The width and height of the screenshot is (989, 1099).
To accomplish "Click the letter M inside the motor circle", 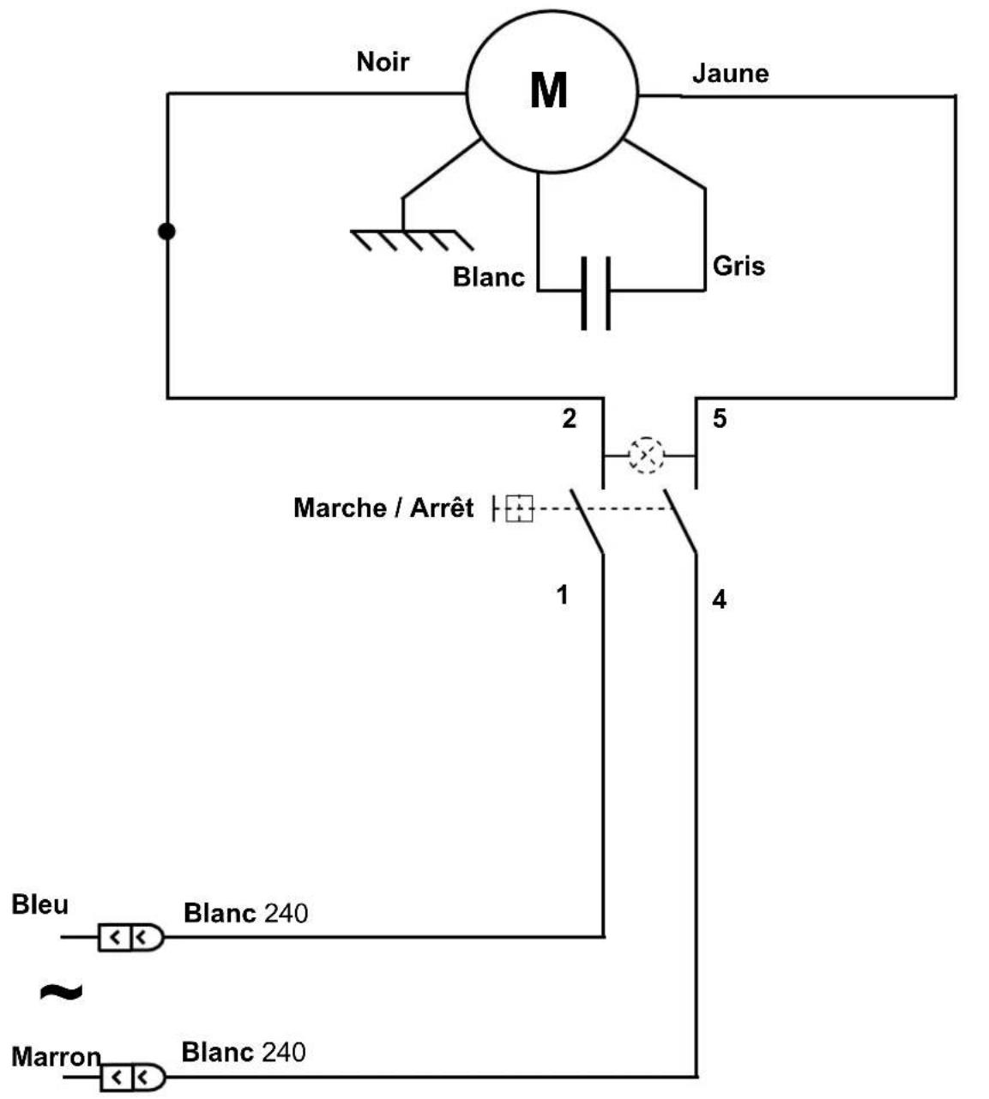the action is point(548,90).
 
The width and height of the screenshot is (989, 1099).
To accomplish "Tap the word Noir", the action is point(383,62).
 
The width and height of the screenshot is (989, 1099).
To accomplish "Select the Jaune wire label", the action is point(730,74).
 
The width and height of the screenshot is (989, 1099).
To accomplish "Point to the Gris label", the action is point(739,266).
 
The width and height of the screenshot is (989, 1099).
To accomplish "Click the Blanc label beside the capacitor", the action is point(488,277).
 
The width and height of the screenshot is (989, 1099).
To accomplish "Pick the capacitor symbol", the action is point(596,293).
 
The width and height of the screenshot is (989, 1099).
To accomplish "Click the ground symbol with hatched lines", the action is point(412,240).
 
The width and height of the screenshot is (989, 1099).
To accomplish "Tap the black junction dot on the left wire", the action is point(166,231).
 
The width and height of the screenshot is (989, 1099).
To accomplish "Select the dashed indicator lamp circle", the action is point(646,454).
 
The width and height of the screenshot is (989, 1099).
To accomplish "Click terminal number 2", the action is point(569,418).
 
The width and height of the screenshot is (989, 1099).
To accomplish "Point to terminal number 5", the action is point(720,418).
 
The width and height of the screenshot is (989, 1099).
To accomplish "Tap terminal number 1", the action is point(562,595).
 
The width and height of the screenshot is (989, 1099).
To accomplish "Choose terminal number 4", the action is point(720,600).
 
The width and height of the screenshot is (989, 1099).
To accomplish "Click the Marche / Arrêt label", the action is point(383,507).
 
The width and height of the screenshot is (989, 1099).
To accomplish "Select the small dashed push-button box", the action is point(519,508).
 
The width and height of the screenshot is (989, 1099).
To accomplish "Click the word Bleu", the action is point(40,904).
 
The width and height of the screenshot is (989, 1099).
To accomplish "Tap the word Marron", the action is point(56,1057).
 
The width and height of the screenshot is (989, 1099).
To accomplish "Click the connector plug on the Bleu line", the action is point(131,937).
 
